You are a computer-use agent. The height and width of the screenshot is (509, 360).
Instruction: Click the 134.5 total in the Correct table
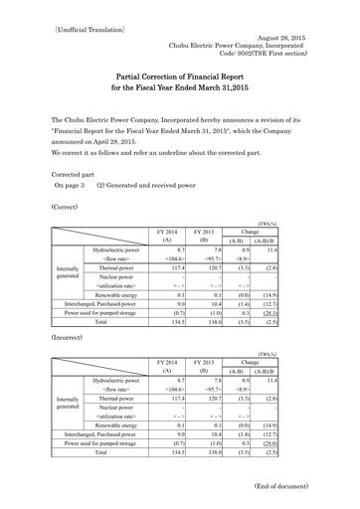pos(176,322)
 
